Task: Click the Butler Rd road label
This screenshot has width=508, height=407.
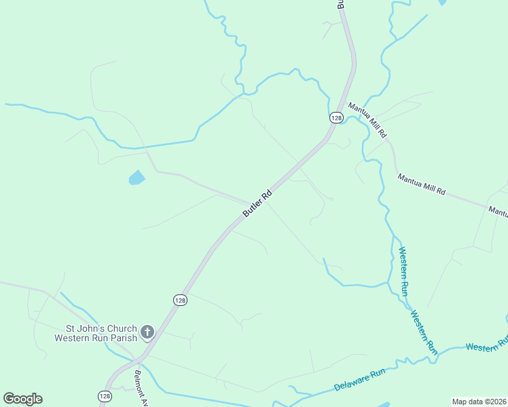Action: coord(257,203)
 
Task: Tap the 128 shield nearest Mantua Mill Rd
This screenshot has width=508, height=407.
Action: coord(336,117)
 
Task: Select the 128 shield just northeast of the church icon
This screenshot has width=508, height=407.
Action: coord(179,300)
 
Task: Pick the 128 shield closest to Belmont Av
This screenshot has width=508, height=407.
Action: coord(105,395)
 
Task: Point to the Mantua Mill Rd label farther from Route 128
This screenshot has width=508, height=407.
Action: coord(421,184)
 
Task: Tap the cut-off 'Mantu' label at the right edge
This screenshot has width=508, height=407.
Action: coord(498,212)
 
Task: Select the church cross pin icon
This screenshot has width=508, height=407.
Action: coord(147,332)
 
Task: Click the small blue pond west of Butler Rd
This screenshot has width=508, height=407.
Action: coord(137,178)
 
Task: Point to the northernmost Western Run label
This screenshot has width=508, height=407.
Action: coord(403,271)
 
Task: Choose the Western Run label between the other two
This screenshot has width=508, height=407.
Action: coord(423,332)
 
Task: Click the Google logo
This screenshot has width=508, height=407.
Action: coord(22,399)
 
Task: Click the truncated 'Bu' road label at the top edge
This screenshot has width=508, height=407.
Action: coord(341,4)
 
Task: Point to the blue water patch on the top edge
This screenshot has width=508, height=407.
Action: coord(443,3)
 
